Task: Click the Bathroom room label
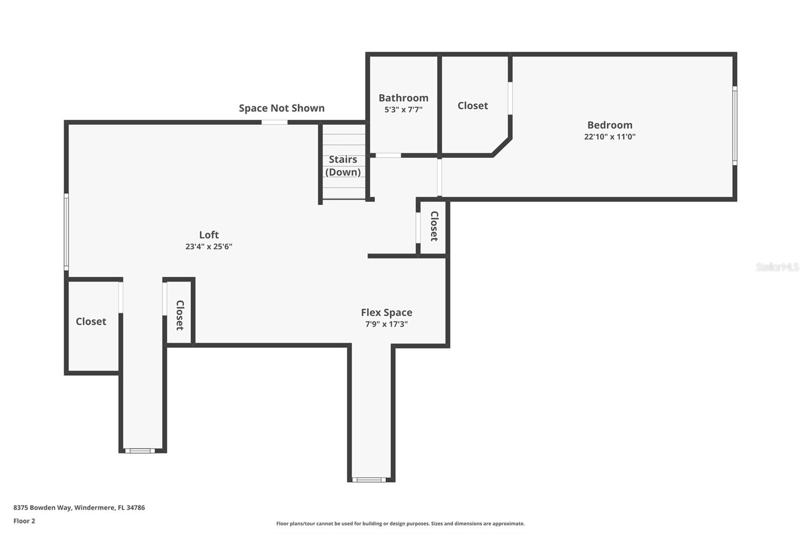point(403,98)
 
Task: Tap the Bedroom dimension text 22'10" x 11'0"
point(609,136)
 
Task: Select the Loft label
point(209,234)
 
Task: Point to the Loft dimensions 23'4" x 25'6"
point(209,246)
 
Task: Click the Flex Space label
point(386,312)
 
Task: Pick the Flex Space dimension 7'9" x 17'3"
point(386,324)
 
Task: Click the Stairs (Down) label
point(343,165)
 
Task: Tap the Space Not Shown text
point(281,108)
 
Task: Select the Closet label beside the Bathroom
point(473,105)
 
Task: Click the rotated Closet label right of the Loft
point(434,226)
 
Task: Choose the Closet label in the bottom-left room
point(91,321)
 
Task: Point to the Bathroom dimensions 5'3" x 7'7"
point(403,109)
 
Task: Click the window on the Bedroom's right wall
point(734,125)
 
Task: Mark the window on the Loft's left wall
point(66,232)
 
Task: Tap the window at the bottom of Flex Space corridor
point(369,480)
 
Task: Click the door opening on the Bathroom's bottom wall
point(388,155)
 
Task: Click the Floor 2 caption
point(24,521)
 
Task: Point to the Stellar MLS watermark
point(777,267)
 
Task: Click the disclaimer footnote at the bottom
point(400,523)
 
